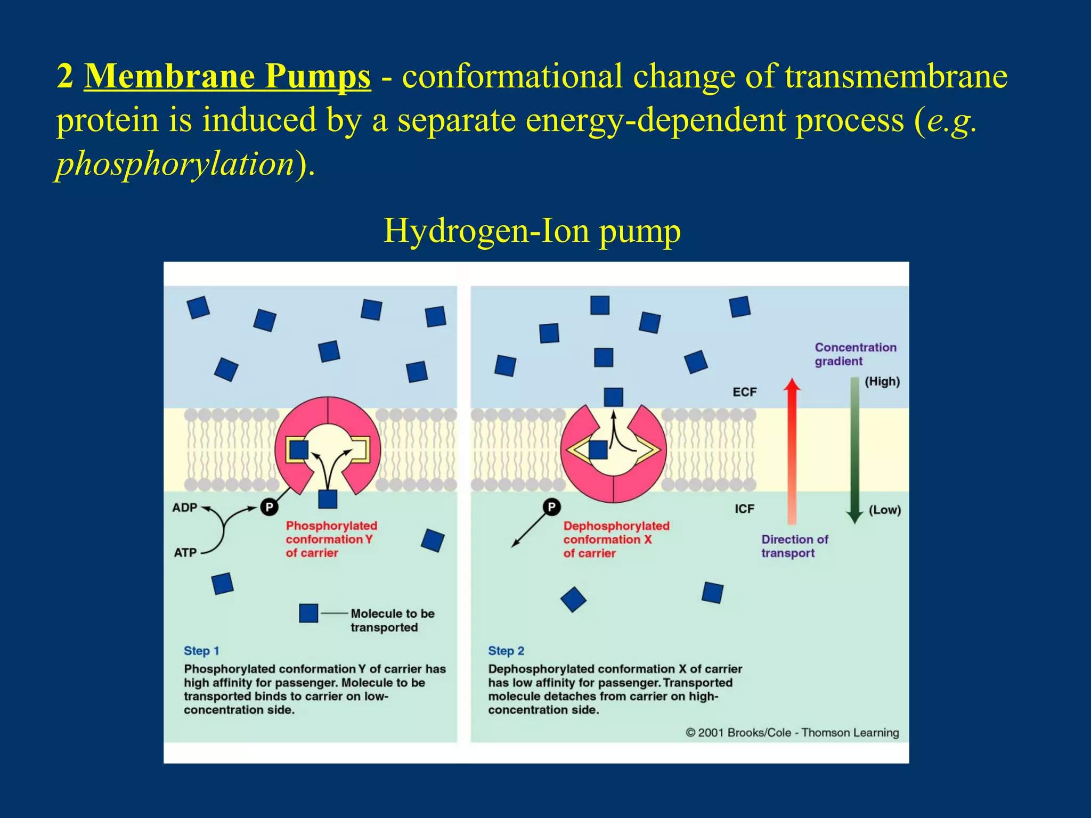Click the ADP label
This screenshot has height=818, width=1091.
pos(184,508)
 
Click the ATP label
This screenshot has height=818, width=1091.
pos(185,553)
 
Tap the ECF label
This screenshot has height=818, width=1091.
pos(744,392)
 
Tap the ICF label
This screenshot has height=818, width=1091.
pos(744,509)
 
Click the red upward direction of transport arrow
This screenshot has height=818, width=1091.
pos(792,453)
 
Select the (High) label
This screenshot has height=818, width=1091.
pos(882,382)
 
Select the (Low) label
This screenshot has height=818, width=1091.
pos(884,510)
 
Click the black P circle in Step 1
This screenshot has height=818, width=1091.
pos(269,507)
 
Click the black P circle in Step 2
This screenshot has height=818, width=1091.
pos(551,507)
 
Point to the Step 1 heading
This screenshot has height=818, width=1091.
pos(201,651)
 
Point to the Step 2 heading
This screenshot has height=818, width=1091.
pos(506,651)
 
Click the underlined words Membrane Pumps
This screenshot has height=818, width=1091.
pos(227,76)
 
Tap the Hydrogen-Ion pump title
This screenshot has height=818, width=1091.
pos(532,231)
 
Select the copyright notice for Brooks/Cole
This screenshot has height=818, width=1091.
pos(792,733)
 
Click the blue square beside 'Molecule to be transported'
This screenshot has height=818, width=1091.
pos(308,613)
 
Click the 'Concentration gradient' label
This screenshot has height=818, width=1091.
pos(855,354)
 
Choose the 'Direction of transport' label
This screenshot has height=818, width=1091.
pos(794,546)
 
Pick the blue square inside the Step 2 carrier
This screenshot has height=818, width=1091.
pos(598,450)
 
